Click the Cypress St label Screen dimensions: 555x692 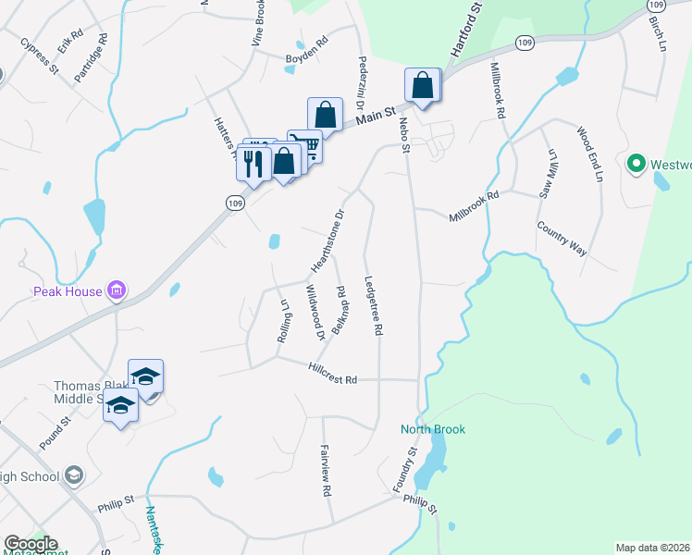(x=40, y=56)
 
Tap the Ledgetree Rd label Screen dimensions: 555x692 (x=375, y=304)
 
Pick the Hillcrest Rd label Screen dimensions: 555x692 (x=334, y=369)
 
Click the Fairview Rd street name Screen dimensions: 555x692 (x=326, y=473)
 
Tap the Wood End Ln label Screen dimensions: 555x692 (x=589, y=154)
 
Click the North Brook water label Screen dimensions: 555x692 (x=433, y=429)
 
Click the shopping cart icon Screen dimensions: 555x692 (x=304, y=145)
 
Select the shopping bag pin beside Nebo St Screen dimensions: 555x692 (x=422, y=85)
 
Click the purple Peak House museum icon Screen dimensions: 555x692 (x=117, y=292)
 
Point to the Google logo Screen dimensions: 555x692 (x=31, y=544)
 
